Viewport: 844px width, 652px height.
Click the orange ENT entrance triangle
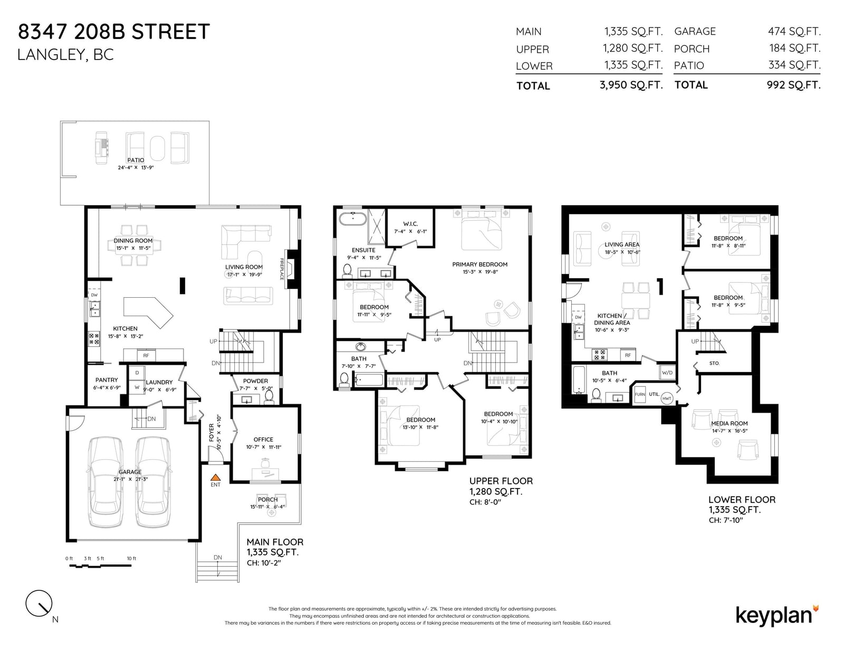[216, 478]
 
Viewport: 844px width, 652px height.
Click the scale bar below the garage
[100, 566]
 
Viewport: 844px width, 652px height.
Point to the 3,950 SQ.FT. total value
[631, 85]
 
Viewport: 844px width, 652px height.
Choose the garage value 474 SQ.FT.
[794, 31]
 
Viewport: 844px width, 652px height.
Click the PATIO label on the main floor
[136, 160]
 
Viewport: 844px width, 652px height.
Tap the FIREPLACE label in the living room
[282, 269]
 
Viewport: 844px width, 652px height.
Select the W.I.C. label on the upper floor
[410, 224]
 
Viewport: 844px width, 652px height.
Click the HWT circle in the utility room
[667, 398]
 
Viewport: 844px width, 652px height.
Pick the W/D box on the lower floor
[667, 373]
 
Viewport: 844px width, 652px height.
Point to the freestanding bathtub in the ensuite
[353, 219]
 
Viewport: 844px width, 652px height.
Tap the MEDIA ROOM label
[729, 423]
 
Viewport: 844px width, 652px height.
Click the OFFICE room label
[263, 440]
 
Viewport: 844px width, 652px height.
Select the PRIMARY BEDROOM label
[479, 264]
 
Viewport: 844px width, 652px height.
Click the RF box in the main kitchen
[146, 355]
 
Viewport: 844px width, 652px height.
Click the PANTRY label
[107, 380]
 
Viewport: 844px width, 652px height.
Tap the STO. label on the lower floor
[714, 363]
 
